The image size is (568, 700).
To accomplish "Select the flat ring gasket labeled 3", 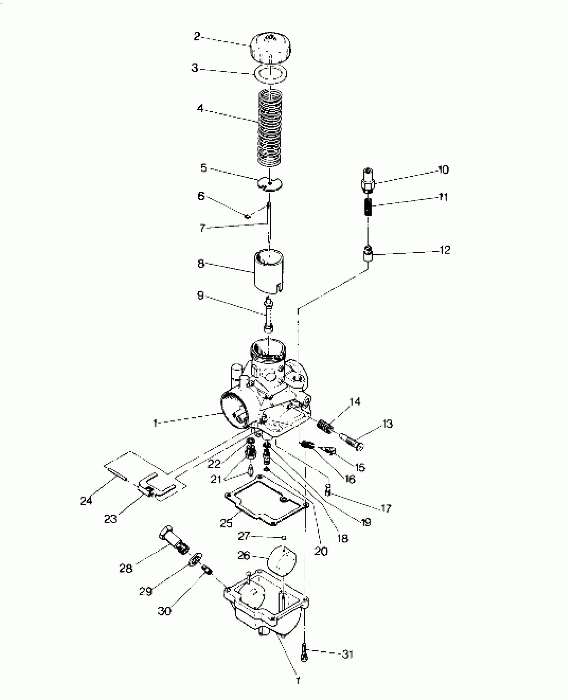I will tap(271, 74).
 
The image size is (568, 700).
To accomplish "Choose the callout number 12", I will tap(445, 250).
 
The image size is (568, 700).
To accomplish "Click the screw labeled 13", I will tap(351, 441).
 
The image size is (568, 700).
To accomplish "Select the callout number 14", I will tap(355, 401).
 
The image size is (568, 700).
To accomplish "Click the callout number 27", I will tap(244, 536).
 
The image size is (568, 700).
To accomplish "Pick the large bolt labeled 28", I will tap(174, 542).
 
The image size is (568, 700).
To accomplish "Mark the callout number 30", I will tap(164, 611).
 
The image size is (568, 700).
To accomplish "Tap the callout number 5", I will tap(203, 168).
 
